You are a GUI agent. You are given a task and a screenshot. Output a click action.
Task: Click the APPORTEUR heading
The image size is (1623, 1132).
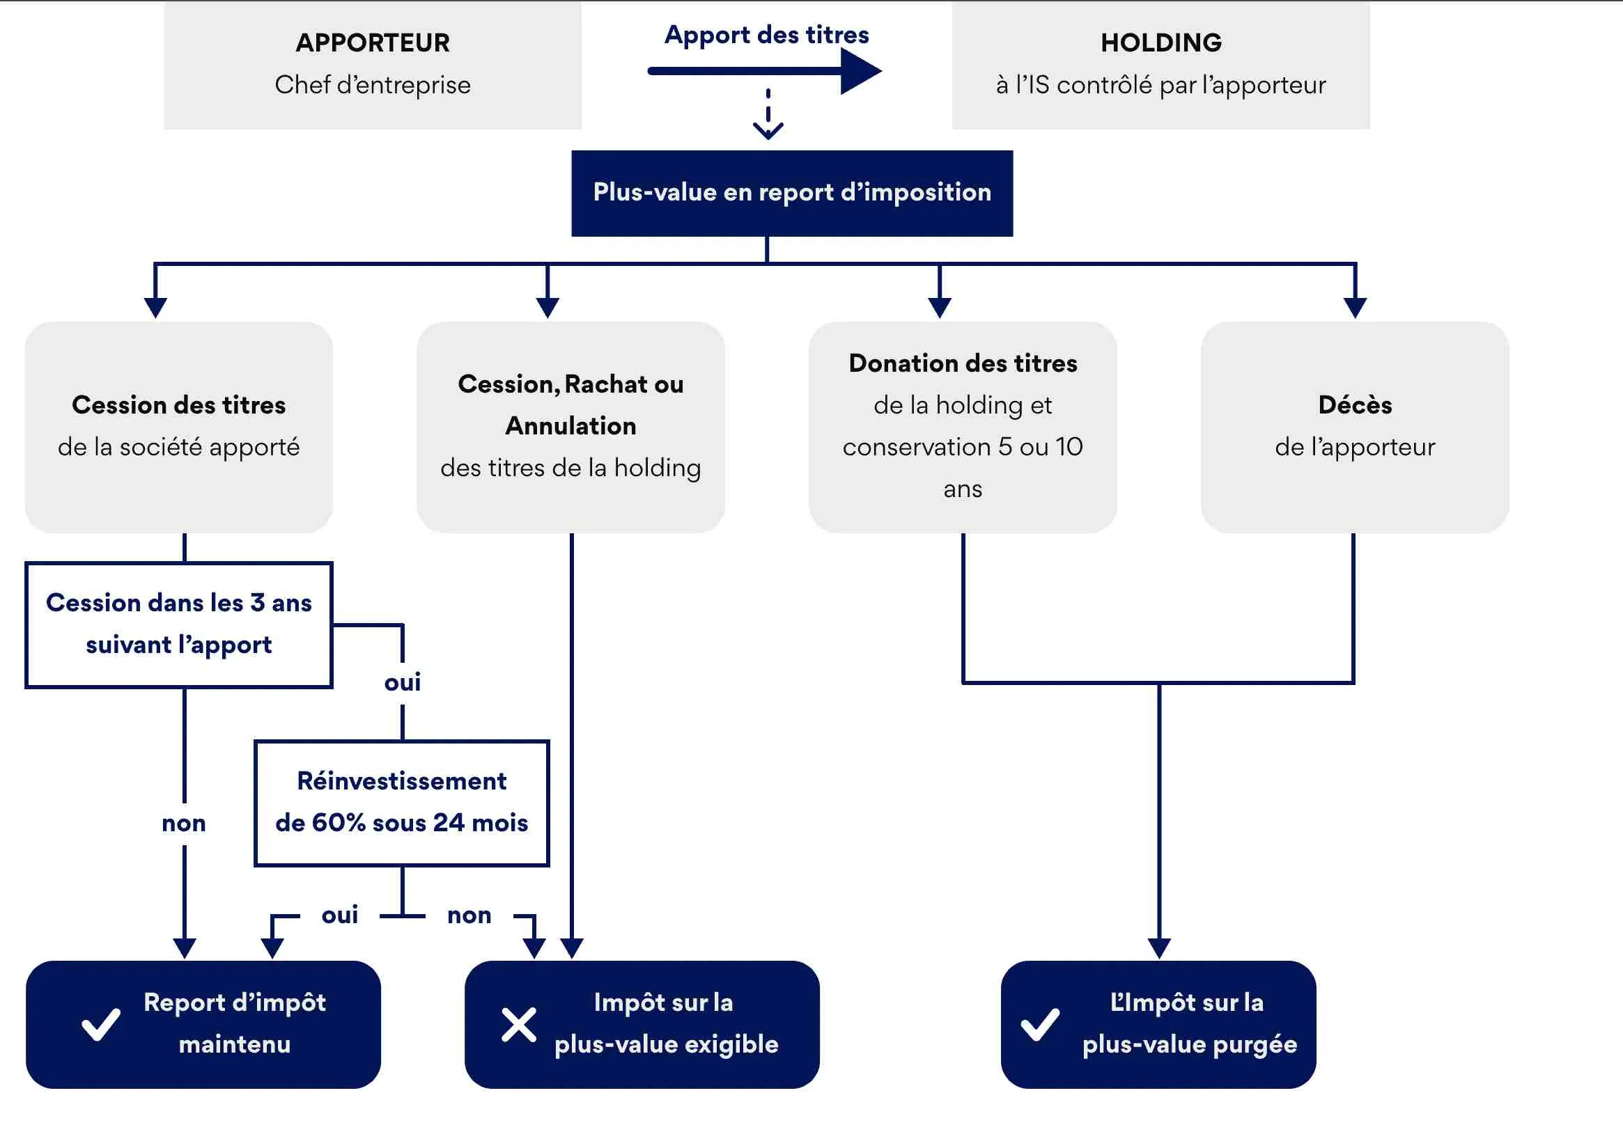click(373, 43)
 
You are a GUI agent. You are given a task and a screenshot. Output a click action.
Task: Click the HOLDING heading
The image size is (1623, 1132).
click(1160, 43)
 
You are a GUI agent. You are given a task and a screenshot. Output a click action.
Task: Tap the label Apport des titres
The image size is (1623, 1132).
click(766, 35)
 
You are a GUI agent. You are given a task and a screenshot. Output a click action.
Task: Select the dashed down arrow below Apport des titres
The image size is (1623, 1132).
click(768, 116)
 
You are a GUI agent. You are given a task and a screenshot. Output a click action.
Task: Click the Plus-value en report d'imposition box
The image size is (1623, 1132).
click(792, 193)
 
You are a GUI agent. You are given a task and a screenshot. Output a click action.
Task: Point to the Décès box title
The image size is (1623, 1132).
click(1354, 405)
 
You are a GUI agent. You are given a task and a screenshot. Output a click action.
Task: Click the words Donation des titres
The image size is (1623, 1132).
click(963, 363)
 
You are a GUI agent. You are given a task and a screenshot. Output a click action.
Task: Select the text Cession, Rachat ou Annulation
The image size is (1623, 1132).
click(570, 404)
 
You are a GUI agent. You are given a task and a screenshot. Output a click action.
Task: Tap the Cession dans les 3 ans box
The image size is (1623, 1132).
click(179, 624)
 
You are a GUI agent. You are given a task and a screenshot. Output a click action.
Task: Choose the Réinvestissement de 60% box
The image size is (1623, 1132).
click(401, 802)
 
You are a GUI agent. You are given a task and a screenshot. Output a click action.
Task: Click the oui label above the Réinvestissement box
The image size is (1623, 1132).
click(402, 682)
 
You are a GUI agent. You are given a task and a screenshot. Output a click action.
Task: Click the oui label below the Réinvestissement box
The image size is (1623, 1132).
click(340, 915)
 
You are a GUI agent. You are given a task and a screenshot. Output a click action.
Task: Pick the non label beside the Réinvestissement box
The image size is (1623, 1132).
click(469, 915)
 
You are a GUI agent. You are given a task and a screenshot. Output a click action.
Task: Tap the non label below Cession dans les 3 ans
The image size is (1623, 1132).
click(184, 824)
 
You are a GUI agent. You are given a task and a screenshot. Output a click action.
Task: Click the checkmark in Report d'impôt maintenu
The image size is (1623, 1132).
click(101, 1024)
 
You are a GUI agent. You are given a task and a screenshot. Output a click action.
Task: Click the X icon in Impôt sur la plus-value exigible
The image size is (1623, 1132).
click(519, 1025)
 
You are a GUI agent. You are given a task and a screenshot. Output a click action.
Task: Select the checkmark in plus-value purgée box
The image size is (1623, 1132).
click(1040, 1024)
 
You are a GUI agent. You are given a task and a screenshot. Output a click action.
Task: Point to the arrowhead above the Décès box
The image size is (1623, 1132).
click(1354, 308)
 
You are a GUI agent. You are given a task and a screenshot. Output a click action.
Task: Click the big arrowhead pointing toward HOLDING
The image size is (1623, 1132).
click(860, 70)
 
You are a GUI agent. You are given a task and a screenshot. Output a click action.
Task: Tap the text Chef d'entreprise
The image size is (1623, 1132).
click(373, 85)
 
